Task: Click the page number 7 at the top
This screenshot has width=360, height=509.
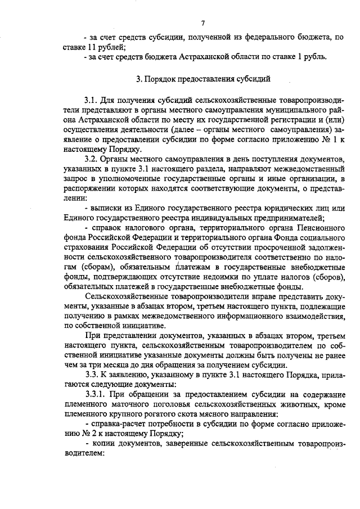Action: (202, 22)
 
